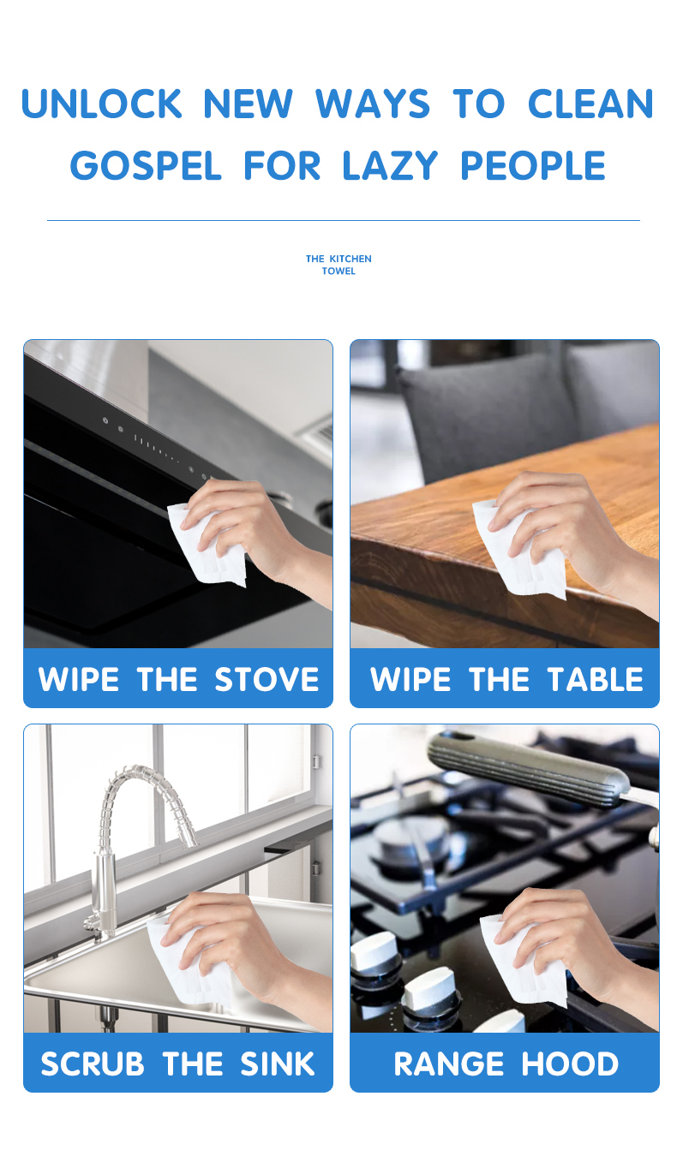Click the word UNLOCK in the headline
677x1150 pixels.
[x=102, y=104]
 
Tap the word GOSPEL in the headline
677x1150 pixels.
[x=146, y=165]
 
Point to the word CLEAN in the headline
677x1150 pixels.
[x=590, y=104]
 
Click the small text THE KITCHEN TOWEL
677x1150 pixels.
[x=338, y=265]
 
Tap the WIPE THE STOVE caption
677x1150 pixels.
[x=178, y=679]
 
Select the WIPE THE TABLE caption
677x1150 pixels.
[x=506, y=679]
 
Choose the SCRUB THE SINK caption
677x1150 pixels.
[x=178, y=1064]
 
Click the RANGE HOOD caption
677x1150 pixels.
[x=506, y=1064]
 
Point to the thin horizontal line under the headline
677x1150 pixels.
[x=343, y=220]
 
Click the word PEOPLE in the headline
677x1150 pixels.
[x=533, y=165]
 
